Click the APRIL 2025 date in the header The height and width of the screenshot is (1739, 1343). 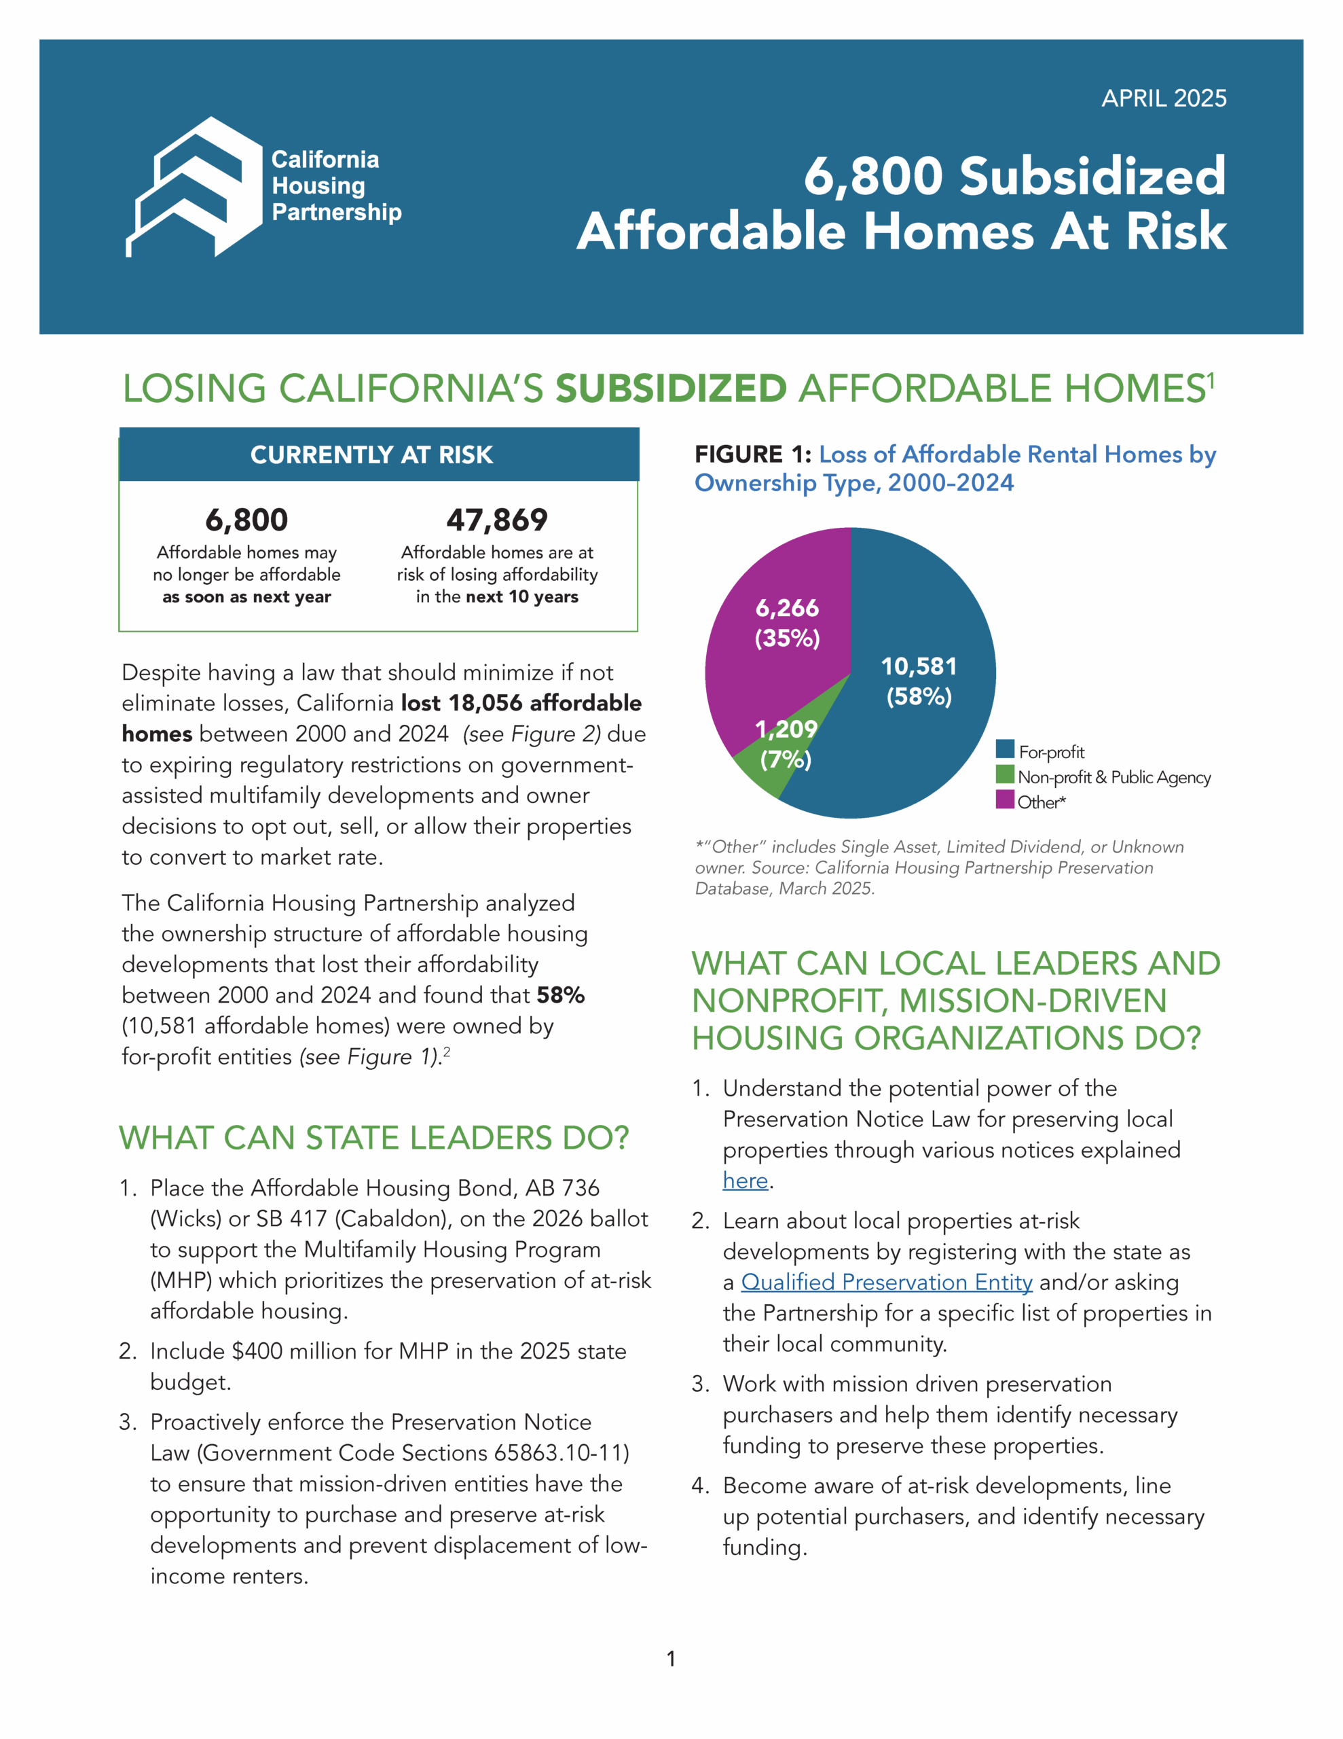[1163, 98]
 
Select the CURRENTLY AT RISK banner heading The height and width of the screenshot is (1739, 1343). [372, 454]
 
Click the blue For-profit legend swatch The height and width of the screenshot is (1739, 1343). [1005, 750]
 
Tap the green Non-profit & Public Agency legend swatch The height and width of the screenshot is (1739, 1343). [1005, 775]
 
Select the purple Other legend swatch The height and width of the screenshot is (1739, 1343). [1005, 800]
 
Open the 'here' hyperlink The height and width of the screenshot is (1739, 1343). [745, 1181]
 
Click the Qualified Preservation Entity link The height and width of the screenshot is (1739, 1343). [887, 1283]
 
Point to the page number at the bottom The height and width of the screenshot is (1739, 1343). [671, 1659]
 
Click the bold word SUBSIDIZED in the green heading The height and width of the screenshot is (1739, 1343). [671, 389]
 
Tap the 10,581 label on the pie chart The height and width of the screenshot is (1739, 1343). [919, 666]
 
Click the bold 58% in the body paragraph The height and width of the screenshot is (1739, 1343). [560, 995]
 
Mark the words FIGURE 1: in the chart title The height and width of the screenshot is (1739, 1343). [752, 454]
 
